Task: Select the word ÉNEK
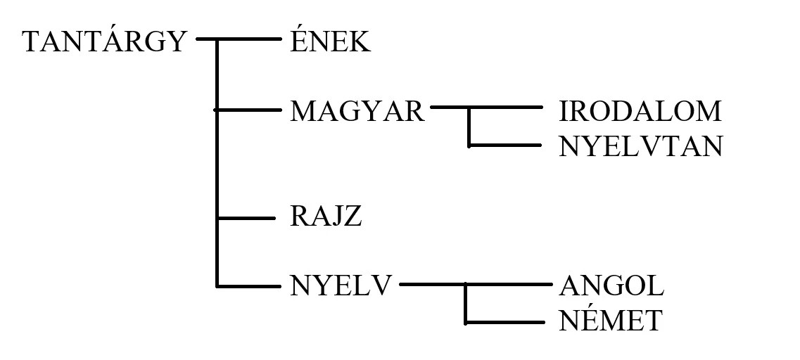[330, 42]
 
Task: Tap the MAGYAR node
[357, 111]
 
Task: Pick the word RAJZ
[326, 217]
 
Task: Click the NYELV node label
[340, 286]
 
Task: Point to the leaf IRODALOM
[640, 111]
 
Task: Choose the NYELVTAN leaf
[640, 147]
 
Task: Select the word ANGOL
[611, 286]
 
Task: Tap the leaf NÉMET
[611, 321]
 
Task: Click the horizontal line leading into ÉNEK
[246, 40]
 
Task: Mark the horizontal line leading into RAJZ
[246, 218]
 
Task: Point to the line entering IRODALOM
[507, 108]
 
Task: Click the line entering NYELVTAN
[507, 146]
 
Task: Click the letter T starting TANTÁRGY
[32, 42]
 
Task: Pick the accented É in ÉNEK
[298, 41]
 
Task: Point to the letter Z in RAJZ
[353, 217]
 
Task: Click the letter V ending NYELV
[380, 286]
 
